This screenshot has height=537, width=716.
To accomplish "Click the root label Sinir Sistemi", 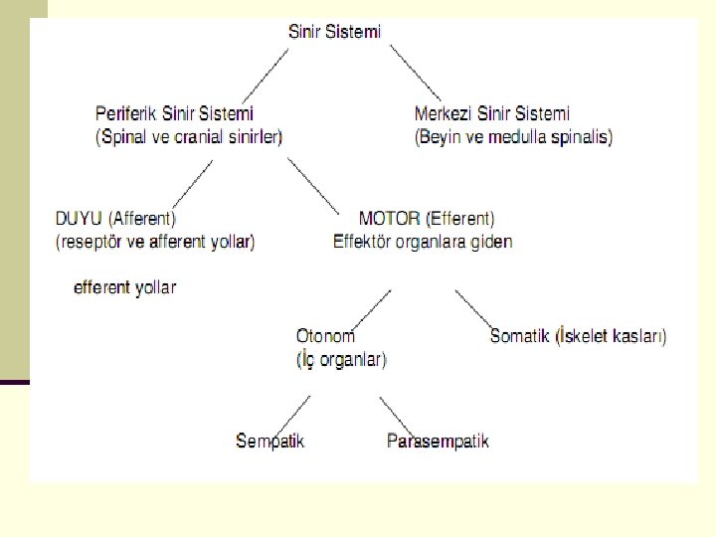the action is click(x=334, y=32).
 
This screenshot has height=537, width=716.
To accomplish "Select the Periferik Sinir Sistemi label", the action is click(x=174, y=114).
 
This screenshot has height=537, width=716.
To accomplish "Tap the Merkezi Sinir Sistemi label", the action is click(x=492, y=114).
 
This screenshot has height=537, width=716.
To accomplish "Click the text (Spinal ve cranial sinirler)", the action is click(x=189, y=137).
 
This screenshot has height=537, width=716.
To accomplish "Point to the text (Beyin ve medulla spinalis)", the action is click(x=513, y=137).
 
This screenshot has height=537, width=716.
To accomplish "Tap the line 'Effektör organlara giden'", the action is click(x=423, y=241).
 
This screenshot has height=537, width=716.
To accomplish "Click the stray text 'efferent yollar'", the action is click(x=125, y=287).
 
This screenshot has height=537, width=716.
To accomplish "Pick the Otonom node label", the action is click(x=325, y=336).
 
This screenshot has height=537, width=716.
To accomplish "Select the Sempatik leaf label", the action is click(x=269, y=440).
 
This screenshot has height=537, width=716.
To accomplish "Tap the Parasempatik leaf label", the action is click(x=438, y=440).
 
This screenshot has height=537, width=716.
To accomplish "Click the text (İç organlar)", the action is click(x=341, y=360).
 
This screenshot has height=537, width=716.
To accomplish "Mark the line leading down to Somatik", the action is click(x=473, y=307).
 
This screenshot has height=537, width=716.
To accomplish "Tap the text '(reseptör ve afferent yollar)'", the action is click(x=155, y=241).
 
